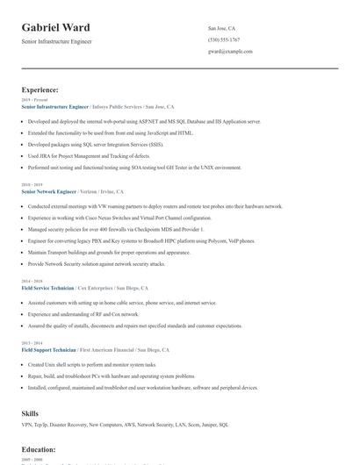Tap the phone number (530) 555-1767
(225, 39)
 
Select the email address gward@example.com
(230, 51)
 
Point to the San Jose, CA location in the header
(221, 28)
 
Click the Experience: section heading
(40, 89)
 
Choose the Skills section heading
(30, 412)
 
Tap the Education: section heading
(39, 449)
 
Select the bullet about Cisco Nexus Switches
(119, 217)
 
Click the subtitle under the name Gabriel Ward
(56, 41)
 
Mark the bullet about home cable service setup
(122, 302)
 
